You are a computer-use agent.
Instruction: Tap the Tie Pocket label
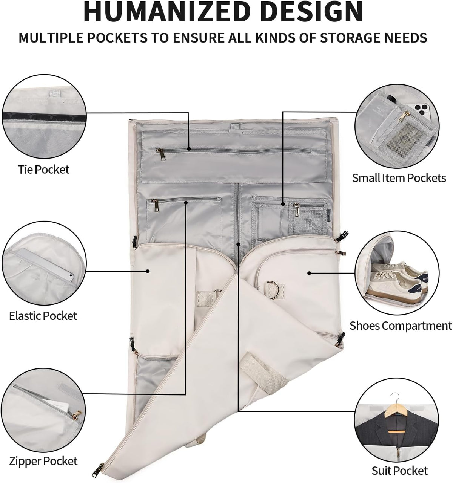coord(44,170)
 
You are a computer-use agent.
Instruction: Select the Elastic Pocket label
coord(43,316)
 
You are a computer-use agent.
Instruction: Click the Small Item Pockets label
coord(399,178)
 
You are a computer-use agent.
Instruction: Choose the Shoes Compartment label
coord(401,326)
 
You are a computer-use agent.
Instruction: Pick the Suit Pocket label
coord(400,471)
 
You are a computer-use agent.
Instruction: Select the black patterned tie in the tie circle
coord(44,117)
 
